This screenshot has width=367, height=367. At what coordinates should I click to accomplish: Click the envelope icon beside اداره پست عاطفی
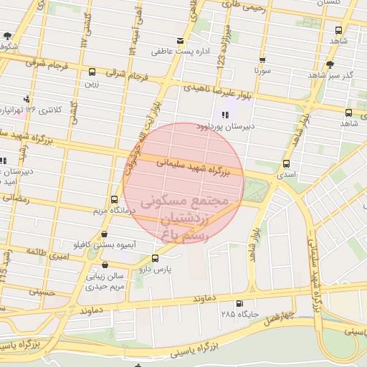click(x=180, y=41)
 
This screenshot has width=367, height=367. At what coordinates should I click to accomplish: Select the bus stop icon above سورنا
click(x=262, y=60)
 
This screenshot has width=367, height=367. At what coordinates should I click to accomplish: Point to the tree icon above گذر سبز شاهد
click(x=329, y=65)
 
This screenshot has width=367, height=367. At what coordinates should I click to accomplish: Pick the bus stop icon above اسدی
click(x=287, y=163)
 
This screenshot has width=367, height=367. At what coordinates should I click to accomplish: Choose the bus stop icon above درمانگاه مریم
click(x=114, y=200)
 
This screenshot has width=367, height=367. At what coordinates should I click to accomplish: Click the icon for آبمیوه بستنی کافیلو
click(x=105, y=234)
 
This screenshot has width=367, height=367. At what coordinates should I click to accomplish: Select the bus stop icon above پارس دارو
click(x=156, y=258)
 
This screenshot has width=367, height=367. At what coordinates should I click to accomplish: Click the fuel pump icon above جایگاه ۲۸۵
click(x=239, y=303)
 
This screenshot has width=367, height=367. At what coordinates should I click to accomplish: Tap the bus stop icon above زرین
click(x=92, y=72)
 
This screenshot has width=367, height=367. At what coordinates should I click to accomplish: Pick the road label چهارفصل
click(x=278, y=318)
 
